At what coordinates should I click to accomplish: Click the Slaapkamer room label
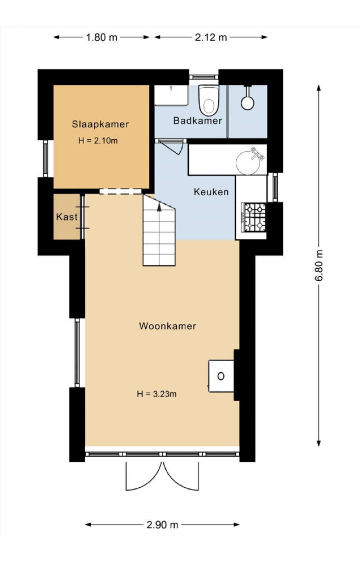coord(100,124)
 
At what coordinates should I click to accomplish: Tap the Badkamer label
coord(198,121)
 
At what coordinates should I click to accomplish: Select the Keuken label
coord(211,191)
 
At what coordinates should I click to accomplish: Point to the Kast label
coord(67,217)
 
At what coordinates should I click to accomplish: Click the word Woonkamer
coord(167,326)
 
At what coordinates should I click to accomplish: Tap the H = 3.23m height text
coord(157,394)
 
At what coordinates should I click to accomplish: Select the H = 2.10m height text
coord(98,140)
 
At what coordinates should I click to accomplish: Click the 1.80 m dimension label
coord(101,37)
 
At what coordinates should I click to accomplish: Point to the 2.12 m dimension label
coord(211,37)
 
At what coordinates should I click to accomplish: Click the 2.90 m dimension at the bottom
coord(162,525)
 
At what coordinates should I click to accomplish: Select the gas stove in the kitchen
coord(254,218)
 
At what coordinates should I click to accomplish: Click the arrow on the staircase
coord(159,207)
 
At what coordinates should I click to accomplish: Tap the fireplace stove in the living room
coord(221,376)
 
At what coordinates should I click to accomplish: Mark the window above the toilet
coord(204,77)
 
